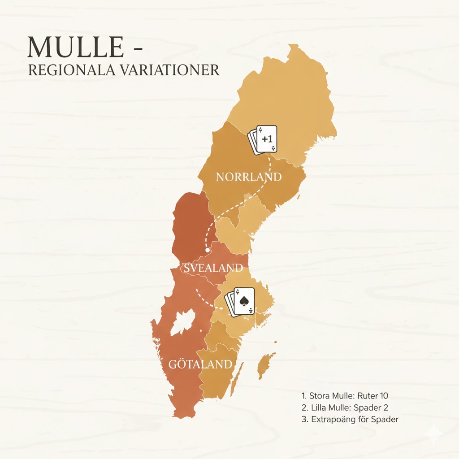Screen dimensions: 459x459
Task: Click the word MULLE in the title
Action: [75, 47]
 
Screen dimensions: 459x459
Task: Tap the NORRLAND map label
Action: [249, 177]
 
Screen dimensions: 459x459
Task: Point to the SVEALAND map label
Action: [213, 268]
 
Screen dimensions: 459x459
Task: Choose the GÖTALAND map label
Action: [201, 364]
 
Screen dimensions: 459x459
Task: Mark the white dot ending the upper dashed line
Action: [208, 250]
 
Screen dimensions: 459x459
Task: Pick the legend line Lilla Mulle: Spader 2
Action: [345, 407]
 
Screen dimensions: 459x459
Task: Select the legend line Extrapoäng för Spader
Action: [350, 420]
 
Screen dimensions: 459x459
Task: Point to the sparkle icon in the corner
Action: [434, 432]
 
